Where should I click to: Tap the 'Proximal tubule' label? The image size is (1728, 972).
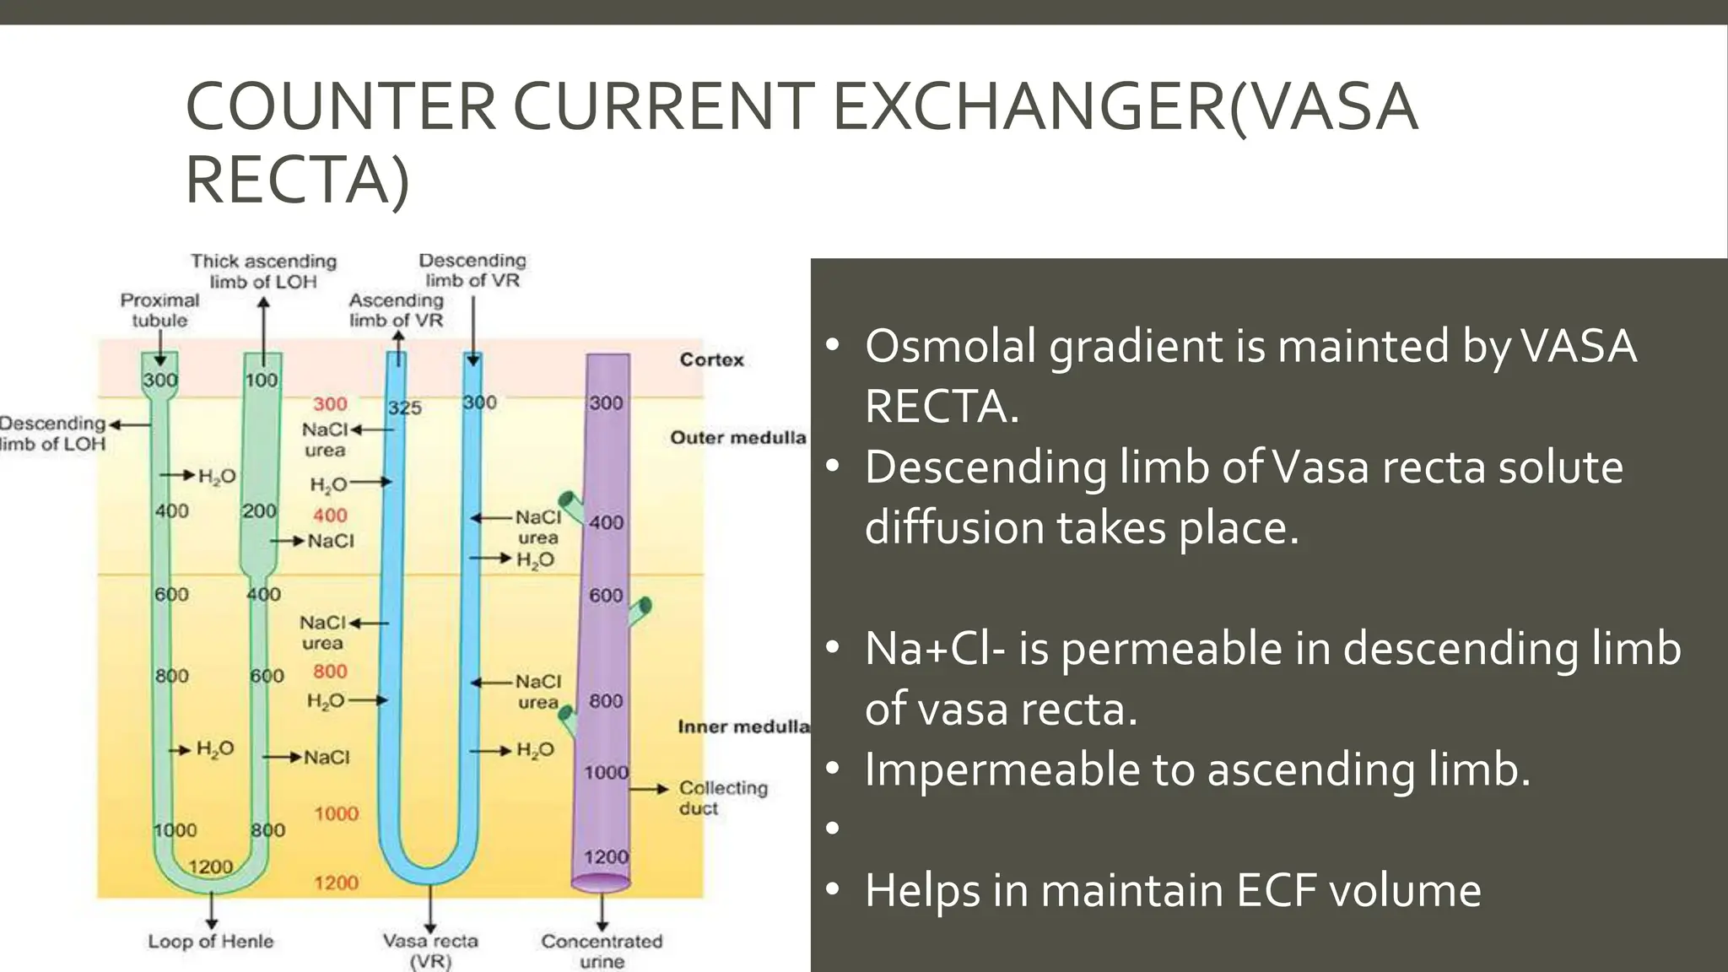point(159,310)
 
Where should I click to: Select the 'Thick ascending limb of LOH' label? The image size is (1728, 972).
point(263,271)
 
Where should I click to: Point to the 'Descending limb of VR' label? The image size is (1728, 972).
point(472,270)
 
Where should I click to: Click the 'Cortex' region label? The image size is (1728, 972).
point(711,359)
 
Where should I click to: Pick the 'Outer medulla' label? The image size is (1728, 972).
point(737,437)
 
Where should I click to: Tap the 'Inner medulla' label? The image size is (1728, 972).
point(742,726)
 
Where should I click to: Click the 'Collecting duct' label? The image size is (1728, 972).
point(722,797)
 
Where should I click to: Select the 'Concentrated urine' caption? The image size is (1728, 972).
point(602,950)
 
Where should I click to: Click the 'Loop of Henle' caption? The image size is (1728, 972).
point(211,941)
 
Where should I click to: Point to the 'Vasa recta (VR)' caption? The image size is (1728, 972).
point(430,950)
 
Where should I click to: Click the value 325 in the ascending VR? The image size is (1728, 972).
point(404,408)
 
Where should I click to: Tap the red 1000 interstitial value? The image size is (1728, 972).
point(336,813)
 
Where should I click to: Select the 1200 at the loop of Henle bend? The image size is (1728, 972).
point(210,867)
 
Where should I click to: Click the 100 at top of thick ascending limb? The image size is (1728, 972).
point(261,381)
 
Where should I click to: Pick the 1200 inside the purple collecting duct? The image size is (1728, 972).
point(606,856)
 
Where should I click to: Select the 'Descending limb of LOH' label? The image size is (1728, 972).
point(52,433)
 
